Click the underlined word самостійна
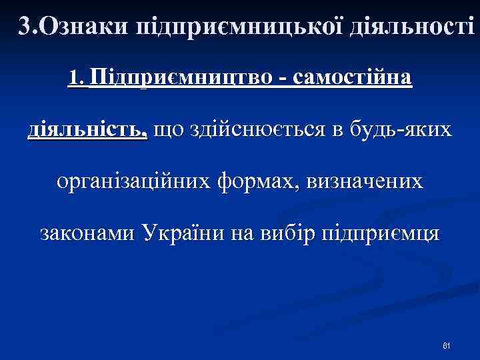click(351, 79)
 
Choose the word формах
click(258, 181)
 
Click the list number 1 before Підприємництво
click(74, 79)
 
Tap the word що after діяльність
click(167, 131)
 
